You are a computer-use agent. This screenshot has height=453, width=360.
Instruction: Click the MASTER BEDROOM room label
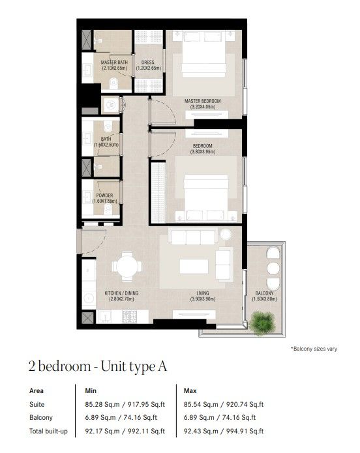202,101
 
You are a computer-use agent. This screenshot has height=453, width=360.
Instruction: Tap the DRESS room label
148,62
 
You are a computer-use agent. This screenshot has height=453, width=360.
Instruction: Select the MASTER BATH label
114,62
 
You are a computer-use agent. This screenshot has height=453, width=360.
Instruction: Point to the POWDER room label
105,196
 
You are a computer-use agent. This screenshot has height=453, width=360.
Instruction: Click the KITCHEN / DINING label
121,293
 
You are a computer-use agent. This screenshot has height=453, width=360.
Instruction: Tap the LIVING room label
203,293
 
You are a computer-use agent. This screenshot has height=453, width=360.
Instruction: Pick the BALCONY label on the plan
264,293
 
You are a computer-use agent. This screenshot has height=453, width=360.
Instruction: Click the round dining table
127,267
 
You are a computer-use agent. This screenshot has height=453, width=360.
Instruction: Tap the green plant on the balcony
262,323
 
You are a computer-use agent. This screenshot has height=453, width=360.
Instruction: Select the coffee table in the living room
194,267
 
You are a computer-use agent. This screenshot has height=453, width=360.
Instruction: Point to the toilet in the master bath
113,83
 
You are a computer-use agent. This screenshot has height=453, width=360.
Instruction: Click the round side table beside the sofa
226,234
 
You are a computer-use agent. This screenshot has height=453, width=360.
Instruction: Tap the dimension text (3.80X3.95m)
203,152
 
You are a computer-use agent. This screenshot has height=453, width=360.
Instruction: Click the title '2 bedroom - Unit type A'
98,366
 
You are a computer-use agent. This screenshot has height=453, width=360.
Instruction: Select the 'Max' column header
190,391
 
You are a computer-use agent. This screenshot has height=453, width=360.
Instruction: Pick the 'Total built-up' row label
48,431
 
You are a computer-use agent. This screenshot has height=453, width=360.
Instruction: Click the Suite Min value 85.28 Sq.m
102,405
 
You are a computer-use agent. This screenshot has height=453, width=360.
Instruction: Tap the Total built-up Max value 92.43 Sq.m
201,431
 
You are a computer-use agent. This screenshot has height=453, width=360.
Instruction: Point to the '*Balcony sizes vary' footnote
314,349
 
